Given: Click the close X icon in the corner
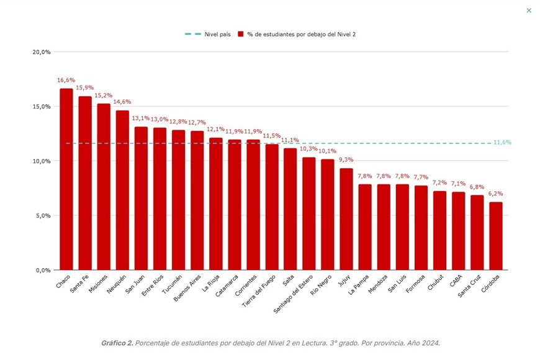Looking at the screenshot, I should tap(529, 10).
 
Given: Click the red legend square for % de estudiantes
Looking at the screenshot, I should tap(240, 34).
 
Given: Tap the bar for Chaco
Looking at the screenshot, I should tap(66, 179).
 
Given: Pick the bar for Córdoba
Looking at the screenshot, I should tap(495, 236).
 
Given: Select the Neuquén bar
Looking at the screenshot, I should tap(122, 190).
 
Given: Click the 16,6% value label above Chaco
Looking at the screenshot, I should tap(66, 80).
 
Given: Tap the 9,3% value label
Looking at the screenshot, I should tap(346, 160).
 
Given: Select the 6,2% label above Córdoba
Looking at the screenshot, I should tap(495, 194).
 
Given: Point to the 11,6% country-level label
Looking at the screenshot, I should tap(502, 143).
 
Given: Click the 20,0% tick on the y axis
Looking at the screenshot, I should tap(42, 52).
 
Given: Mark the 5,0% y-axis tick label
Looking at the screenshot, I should tap(42, 216).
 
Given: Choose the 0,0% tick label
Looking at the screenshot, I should tap(42, 271).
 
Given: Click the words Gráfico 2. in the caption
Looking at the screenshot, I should tap(117, 343).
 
